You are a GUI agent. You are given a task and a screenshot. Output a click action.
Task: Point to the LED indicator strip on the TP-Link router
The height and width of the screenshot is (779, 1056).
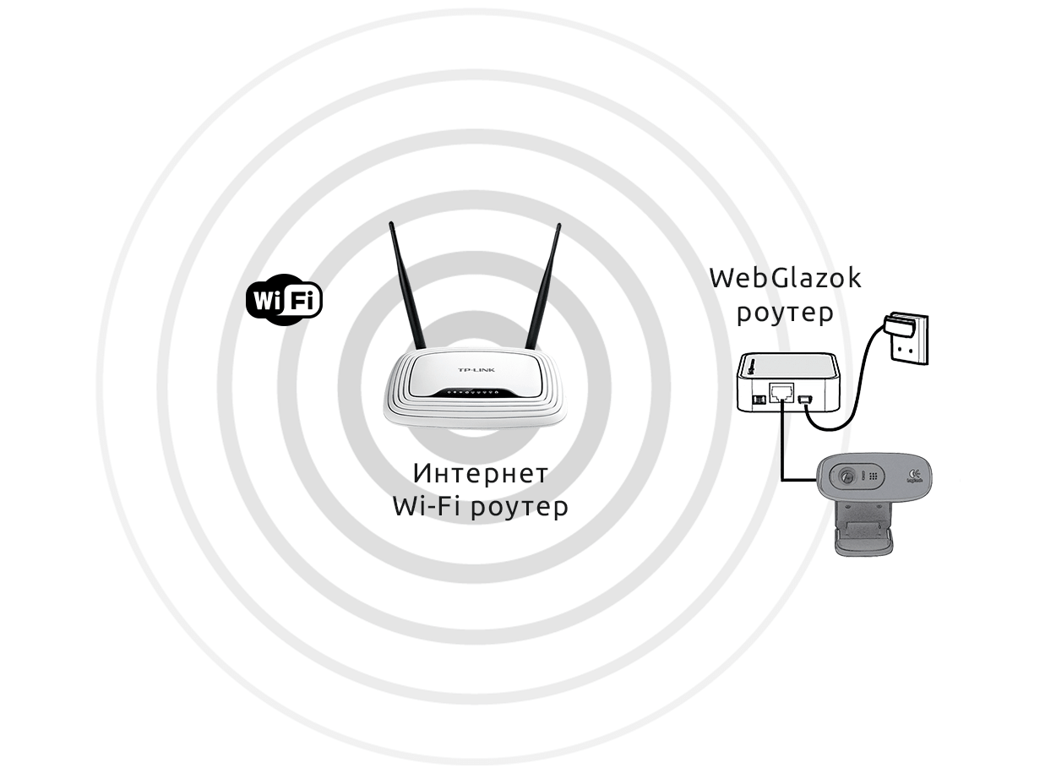click(x=475, y=393)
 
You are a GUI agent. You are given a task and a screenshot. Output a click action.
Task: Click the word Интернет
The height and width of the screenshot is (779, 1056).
click(x=480, y=471)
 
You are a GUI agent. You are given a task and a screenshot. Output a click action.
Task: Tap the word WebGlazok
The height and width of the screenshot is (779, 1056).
click(x=785, y=278)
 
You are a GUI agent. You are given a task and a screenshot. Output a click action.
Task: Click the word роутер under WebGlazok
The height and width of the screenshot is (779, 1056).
click(x=785, y=312)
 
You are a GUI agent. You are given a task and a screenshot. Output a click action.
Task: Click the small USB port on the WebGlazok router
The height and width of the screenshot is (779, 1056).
click(x=805, y=399)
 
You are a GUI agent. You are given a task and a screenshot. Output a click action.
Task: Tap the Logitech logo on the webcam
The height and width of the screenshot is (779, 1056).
click(x=915, y=476)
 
